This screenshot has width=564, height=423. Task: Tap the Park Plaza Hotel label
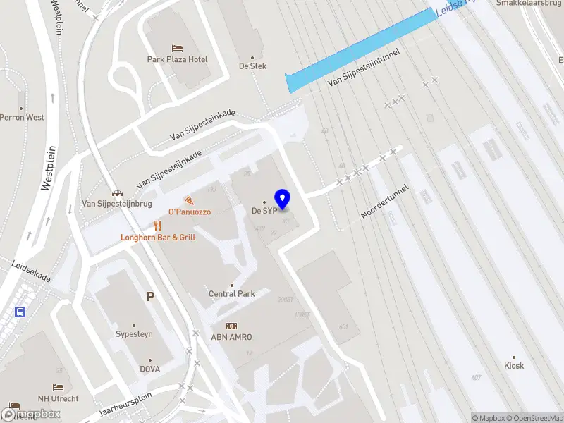click(177, 60)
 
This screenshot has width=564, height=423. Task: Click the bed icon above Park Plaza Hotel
click(177, 48)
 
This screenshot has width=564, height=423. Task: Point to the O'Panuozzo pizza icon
click(188, 200)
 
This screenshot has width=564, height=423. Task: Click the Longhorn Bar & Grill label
click(158, 238)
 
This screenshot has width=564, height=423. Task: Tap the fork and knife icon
click(158, 226)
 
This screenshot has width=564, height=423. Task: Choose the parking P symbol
click(150, 297)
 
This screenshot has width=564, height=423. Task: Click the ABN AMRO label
click(231, 336)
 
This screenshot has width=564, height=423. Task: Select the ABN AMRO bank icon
click(231, 325)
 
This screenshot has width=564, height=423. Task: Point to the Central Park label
click(232, 293)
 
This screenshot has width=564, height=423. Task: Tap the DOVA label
click(149, 369)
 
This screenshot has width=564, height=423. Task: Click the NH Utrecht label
click(59, 398)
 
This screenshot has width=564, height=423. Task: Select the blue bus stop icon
click(20, 312)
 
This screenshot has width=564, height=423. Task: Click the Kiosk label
click(514, 366)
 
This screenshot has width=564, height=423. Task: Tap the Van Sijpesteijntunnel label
click(364, 68)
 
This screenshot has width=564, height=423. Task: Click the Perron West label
click(22, 118)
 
